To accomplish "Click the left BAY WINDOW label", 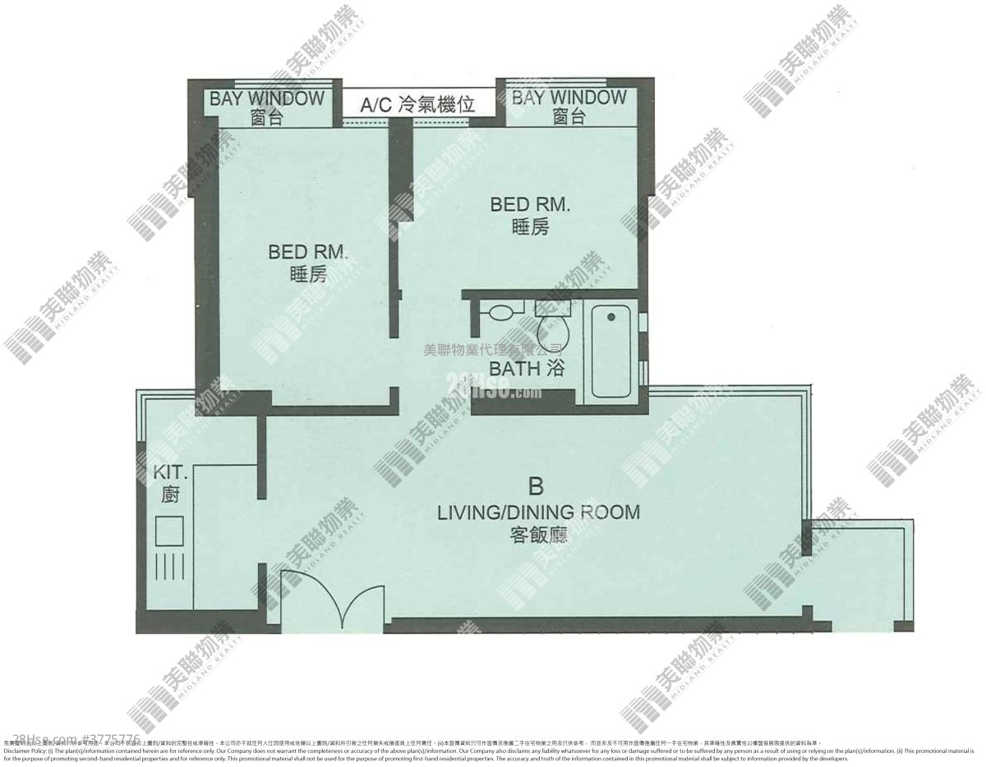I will pos(267,99).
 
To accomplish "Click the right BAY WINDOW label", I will pos(569,98).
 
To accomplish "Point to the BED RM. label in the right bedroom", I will pos(530,204).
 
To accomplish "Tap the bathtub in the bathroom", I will pos(612,353).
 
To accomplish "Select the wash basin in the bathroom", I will pos(500,312).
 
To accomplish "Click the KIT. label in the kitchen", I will pos(172,475).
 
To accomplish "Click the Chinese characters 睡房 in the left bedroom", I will pos(308,275).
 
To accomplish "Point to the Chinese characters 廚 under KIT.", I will pos(172,496).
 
